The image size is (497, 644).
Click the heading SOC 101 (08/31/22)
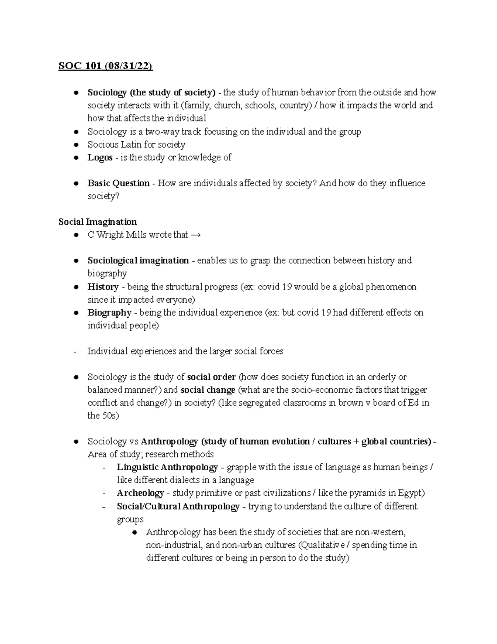106,66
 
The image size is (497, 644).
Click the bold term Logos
100,157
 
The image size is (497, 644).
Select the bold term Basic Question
118,183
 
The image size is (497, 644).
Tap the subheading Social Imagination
97,222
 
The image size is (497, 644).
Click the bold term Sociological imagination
138,260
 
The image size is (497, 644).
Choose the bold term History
103,287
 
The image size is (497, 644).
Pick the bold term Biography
109,312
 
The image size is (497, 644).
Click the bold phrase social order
211,377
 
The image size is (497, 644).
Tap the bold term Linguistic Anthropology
167,467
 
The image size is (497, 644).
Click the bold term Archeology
140,493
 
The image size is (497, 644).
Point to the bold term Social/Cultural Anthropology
178,506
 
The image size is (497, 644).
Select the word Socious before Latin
103,144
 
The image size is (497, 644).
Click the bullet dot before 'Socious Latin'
76,145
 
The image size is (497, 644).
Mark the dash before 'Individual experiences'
75,352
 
